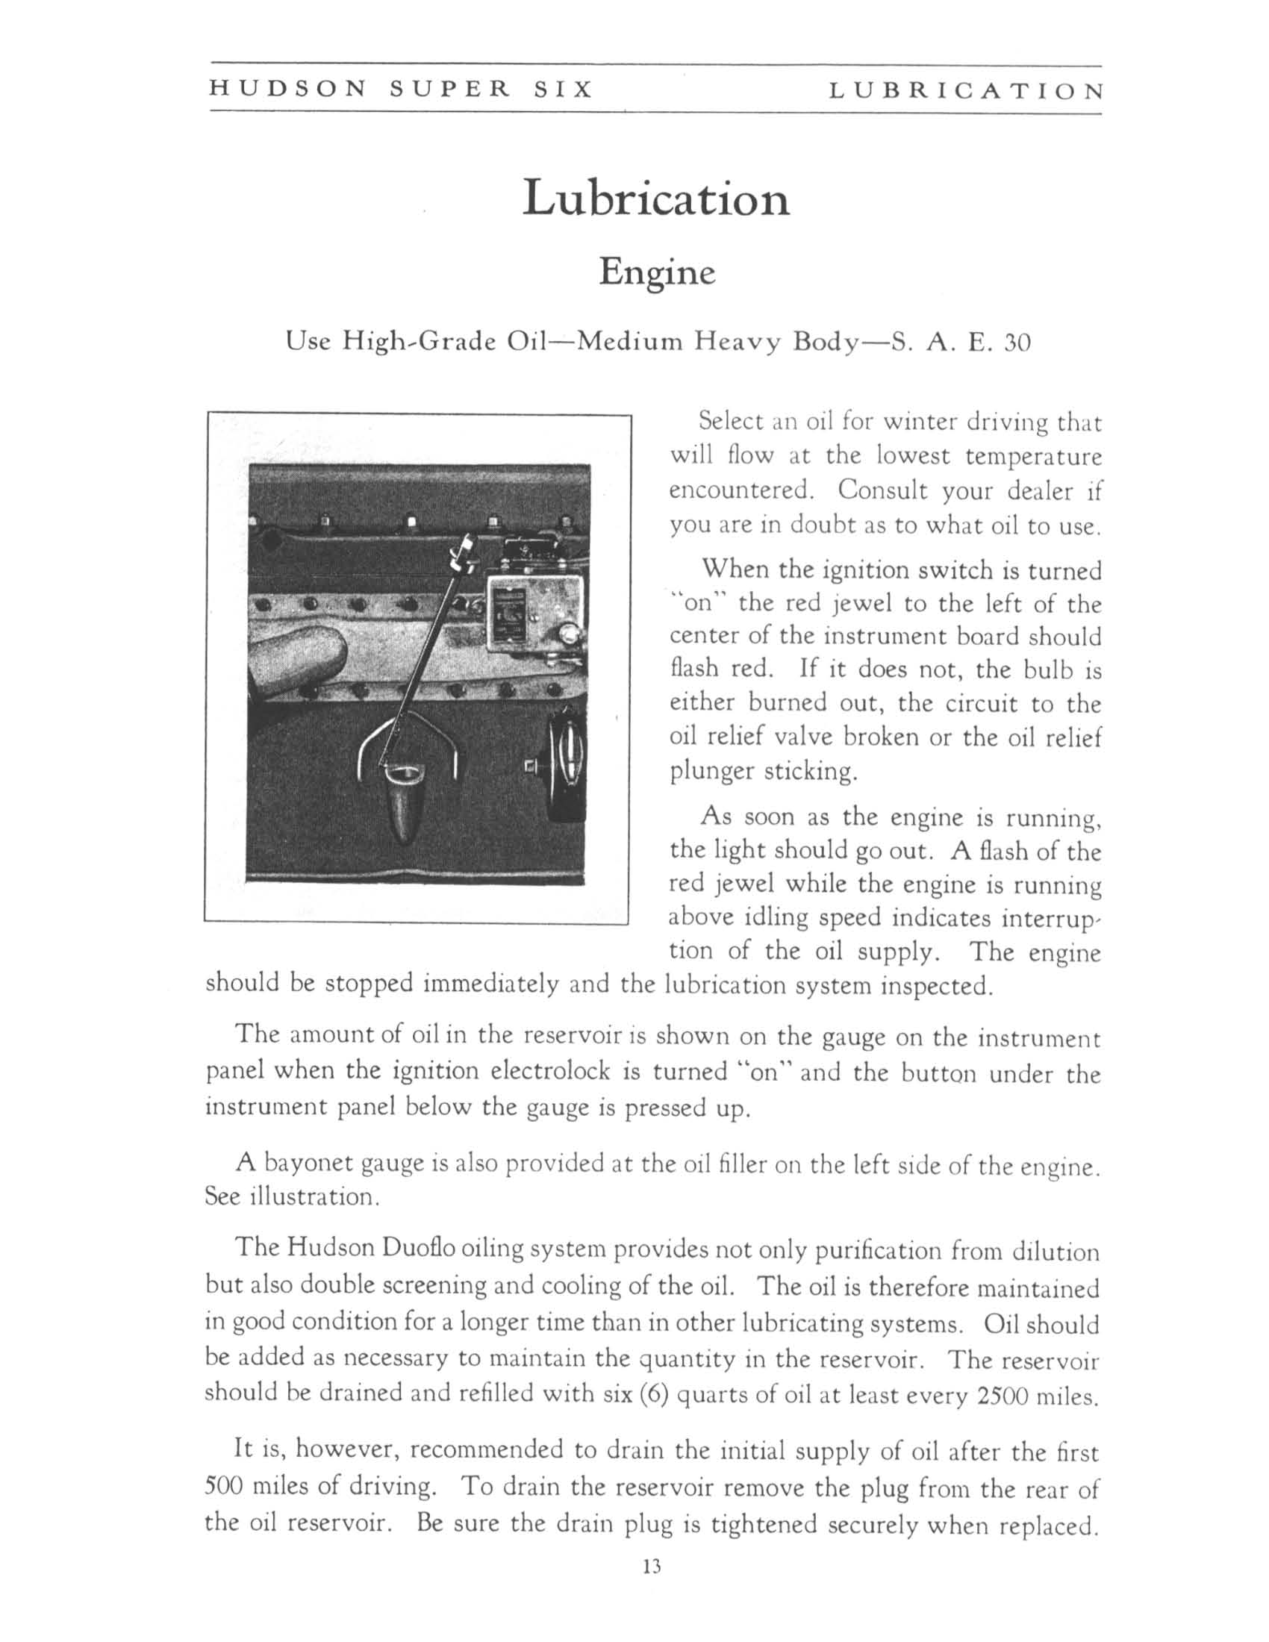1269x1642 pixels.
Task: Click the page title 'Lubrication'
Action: pyautogui.click(x=655, y=199)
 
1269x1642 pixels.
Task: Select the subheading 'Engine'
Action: pyautogui.click(x=656, y=272)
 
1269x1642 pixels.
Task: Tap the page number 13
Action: pyautogui.click(x=651, y=1567)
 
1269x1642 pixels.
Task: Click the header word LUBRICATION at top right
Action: pyautogui.click(x=966, y=92)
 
